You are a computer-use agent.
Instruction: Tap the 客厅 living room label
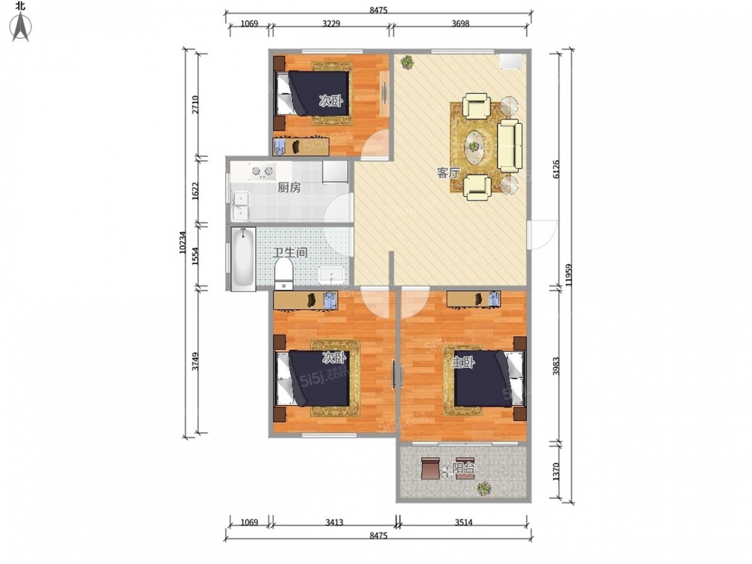tap(448, 173)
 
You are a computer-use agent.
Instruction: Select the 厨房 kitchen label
tap(289, 187)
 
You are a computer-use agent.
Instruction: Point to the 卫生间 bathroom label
tap(290, 253)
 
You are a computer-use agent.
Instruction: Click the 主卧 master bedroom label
tap(463, 362)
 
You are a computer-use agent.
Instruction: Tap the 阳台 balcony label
tap(464, 469)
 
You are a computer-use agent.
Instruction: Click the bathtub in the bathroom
tap(243, 259)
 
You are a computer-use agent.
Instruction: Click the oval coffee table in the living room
tap(474, 147)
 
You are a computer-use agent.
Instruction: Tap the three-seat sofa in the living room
tap(509, 146)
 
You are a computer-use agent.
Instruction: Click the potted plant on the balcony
tap(484, 489)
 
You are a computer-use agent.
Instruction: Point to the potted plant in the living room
tap(407, 62)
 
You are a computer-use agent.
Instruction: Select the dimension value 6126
tap(556, 169)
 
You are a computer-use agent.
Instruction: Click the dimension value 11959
tap(568, 275)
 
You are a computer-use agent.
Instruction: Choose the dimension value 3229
tap(332, 24)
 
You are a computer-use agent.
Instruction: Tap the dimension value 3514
tap(464, 523)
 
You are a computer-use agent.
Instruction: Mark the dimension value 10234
tap(183, 243)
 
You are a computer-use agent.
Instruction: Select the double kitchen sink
tap(241, 207)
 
